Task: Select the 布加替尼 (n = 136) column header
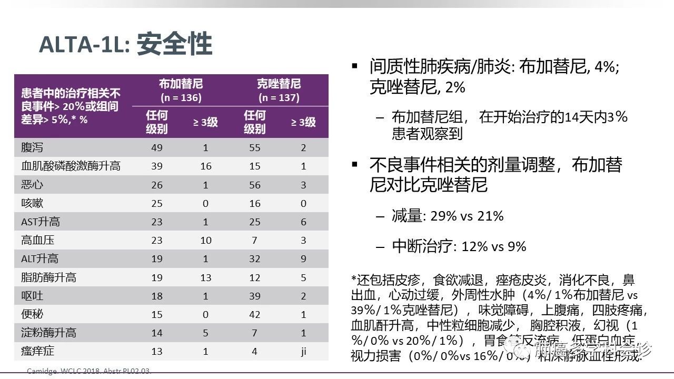click(x=181, y=90)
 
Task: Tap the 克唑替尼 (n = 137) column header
click(x=279, y=90)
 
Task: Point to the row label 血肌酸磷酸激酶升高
click(x=71, y=166)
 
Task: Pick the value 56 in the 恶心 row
click(x=255, y=185)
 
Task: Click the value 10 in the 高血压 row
click(x=205, y=241)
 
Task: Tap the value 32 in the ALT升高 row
click(x=255, y=259)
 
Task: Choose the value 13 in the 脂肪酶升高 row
click(x=205, y=277)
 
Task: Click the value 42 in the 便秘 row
click(x=255, y=315)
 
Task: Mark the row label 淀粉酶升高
click(x=48, y=333)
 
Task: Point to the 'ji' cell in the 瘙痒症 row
click(x=304, y=351)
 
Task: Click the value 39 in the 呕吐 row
click(x=255, y=296)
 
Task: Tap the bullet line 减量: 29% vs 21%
click(x=448, y=216)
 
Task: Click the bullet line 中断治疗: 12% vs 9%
click(x=459, y=246)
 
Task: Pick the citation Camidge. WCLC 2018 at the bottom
click(x=89, y=372)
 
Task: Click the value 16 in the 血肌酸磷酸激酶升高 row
click(x=205, y=166)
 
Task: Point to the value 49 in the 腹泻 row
click(x=157, y=148)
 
